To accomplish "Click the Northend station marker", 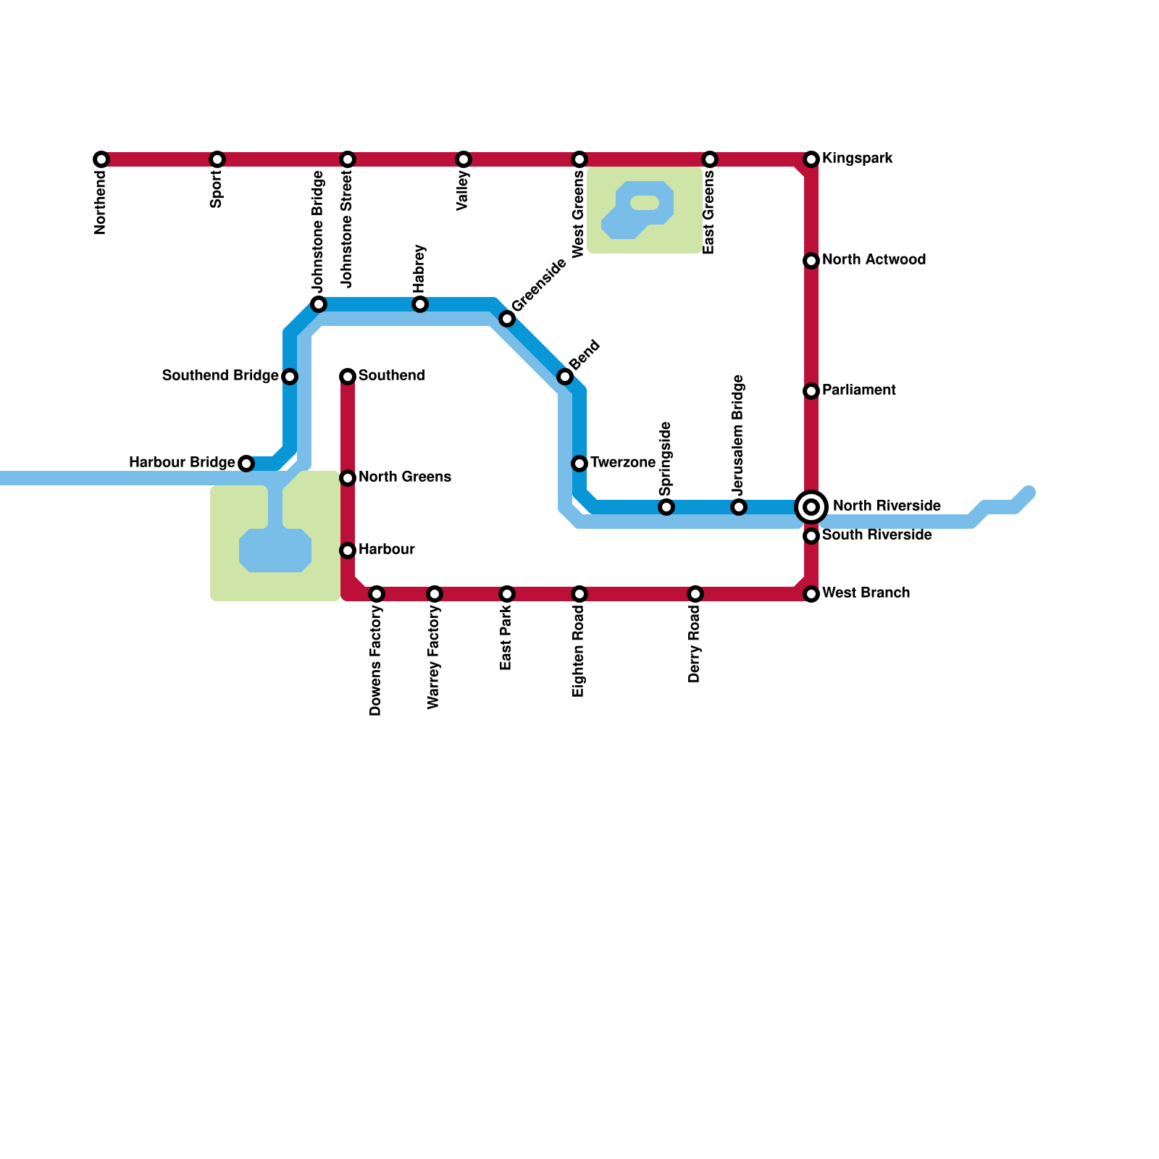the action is [101, 159].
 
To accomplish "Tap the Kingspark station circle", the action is [811, 159].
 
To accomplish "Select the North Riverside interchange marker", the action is [811, 507].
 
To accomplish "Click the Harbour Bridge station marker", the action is [246, 464].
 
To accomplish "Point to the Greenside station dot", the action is [507, 319].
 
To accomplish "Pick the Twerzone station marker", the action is [579, 464].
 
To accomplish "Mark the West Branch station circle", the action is [811, 594].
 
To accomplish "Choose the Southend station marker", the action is [348, 377].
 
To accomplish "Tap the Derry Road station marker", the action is [695, 594].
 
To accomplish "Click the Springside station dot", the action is [666, 507].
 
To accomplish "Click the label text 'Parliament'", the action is [859, 390].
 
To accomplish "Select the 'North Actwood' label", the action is [874, 260].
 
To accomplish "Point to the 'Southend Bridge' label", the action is [220, 376].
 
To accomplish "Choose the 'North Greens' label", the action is [405, 477].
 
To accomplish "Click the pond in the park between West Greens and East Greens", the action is [637, 210].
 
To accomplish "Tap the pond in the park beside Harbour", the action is [275, 551].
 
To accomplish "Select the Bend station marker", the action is [565, 377].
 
